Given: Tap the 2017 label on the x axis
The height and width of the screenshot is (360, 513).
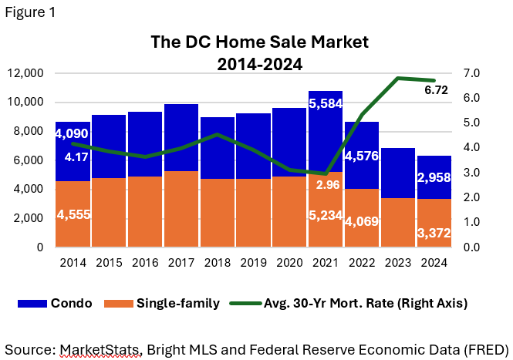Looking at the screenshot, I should pyautogui.click(x=181, y=263).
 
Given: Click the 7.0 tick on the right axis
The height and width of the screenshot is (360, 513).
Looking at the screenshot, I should pyautogui.click(x=472, y=73).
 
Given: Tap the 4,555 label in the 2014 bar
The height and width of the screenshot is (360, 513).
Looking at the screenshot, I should pyautogui.click(x=73, y=214).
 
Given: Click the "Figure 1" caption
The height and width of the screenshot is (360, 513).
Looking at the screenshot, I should pyautogui.click(x=29, y=13).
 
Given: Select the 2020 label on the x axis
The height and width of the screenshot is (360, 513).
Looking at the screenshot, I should pyautogui.click(x=289, y=263).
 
